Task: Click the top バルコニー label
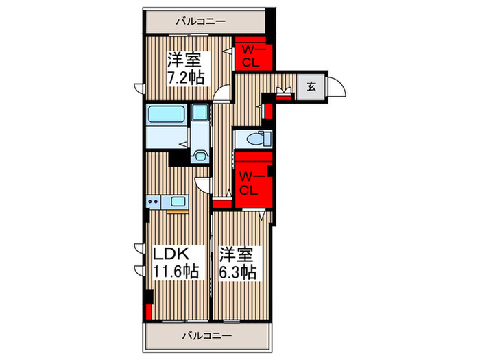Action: pyautogui.click(x=201, y=21)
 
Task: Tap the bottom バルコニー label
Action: pyautogui.click(x=207, y=336)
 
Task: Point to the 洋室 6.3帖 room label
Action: pyautogui.click(x=238, y=263)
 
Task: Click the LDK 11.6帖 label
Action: pyautogui.click(x=176, y=263)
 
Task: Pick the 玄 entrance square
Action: pyautogui.click(x=311, y=87)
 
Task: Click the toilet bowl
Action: pyautogui.click(x=256, y=140)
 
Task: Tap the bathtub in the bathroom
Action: pyautogui.click(x=167, y=114)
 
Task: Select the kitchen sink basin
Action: pyautogui.click(x=178, y=202)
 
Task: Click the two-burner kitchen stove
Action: pyautogui.click(x=154, y=202)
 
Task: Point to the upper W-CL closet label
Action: pyautogui.click(x=251, y=56)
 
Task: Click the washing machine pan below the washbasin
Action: pyautogui.click(x=200, y=157)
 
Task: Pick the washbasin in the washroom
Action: pyautogui.click(x=200, y=112)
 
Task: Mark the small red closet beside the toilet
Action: pyautogui.click(x=269, y=111)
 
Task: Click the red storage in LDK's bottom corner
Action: pyautogui.click(x=149, y=311)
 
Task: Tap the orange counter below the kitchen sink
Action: pyautogui.click(x=177, y=211)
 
